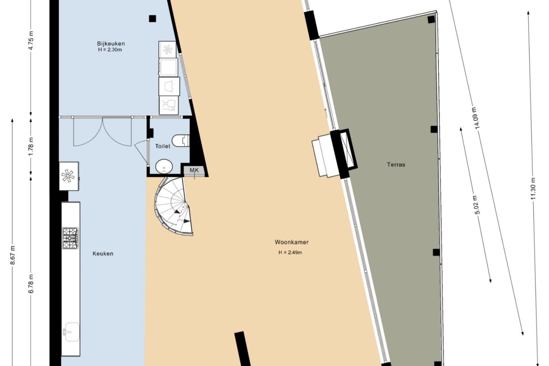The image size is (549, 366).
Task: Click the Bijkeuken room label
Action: [x=111, y=44]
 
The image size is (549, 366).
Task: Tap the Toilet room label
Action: [x=162, y=146]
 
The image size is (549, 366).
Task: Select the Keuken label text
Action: [x=103, y=254]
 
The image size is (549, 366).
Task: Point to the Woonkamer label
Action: [x=292, y=242]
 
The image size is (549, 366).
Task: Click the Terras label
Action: [x=396, y=165]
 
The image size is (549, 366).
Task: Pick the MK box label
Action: [x=194, y=170]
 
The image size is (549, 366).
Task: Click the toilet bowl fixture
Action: [x=181, y=140]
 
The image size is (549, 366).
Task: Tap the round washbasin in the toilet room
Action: [x=164, y=167]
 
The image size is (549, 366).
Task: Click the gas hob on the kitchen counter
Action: [x=70, y=238]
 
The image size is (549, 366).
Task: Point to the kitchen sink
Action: [x=71, y=332]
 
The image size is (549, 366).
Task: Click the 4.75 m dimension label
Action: [x=31, y=41]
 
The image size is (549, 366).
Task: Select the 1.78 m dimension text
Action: [x=31, y=147]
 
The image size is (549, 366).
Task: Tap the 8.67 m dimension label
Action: [x=13, y=255]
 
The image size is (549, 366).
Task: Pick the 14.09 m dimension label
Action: [x=476, y=118]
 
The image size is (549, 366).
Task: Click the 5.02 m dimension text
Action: [x=477, y=205]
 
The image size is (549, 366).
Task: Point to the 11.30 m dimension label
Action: [x=533, y=188]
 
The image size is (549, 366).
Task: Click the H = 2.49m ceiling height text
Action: [x=290, y=253]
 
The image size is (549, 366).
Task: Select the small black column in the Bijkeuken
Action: [x=153, y=18]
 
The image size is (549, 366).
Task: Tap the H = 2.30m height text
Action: [x=110, y=50]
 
